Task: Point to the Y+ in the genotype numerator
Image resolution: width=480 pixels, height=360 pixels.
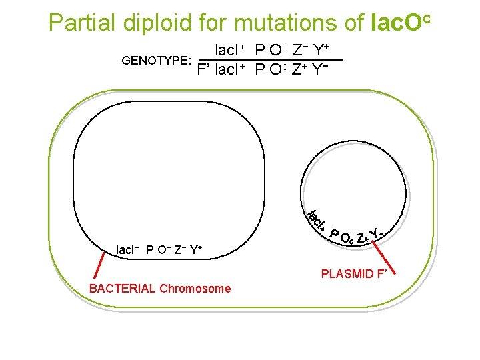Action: coord(322,51)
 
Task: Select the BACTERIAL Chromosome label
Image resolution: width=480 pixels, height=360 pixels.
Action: coord(160,289)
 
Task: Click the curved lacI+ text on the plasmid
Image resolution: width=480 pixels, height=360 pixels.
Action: coord(317,221)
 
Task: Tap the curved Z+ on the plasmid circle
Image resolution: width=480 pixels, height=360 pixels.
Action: coord(363,237)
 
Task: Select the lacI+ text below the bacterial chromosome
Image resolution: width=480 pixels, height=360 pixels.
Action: coord(128,251)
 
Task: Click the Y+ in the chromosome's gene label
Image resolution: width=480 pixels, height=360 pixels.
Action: coord(195,251)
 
